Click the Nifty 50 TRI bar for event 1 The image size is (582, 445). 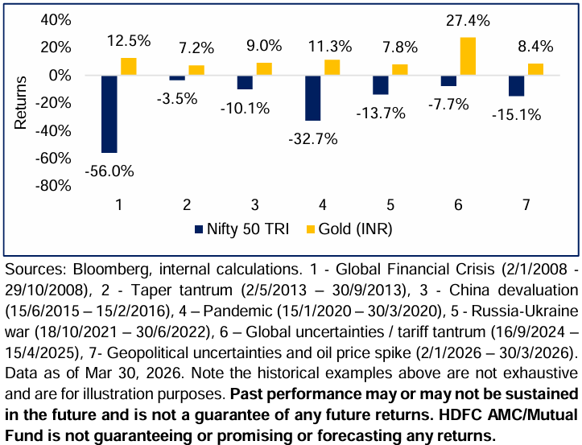point(109,113)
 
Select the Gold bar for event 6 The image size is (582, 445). point(468,56)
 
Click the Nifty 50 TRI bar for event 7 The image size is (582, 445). point(516,85)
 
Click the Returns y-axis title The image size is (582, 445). point(21,103)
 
